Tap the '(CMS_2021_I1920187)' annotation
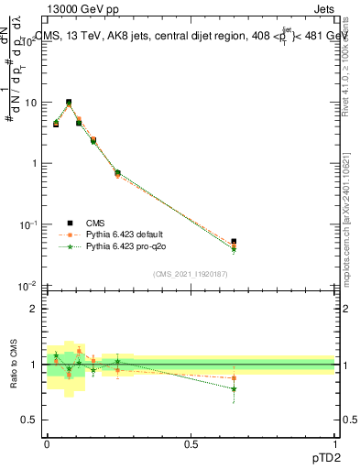[x=190, y=274]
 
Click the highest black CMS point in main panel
[x=69, y=103]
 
